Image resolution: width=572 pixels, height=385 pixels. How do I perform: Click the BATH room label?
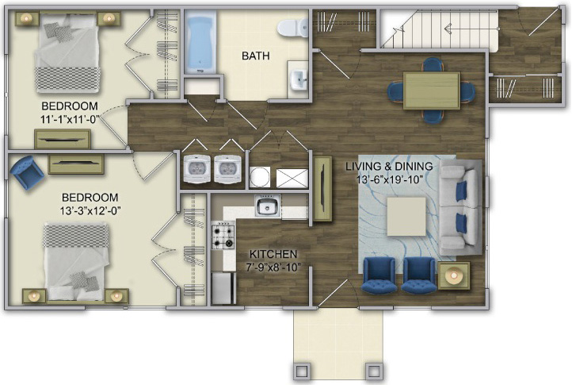[x=256, y=56]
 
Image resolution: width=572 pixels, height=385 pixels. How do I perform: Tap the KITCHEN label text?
[x=273, y=254]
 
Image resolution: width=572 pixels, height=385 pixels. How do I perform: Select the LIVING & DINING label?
[x=389, y=166]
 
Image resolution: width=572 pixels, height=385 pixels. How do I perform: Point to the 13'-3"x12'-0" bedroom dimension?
[x=90, y=210]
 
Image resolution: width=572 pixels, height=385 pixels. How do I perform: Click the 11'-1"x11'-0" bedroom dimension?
[x=70, y=119]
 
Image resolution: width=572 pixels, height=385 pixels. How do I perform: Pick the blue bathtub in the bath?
[x=200, y=42]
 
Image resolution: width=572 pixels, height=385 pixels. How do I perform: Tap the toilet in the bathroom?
[x=292, y=28]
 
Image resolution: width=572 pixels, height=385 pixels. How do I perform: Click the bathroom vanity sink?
[x=299, y=79]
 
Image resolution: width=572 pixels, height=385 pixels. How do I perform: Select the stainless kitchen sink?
[x=268, y=206]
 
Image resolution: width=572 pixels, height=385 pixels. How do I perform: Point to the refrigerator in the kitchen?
[x=223, y=288]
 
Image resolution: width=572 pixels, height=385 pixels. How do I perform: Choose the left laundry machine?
[x=196, y=168]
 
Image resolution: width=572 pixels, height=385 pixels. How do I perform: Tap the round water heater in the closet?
[x=259, y=177]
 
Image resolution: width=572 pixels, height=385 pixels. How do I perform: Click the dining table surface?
[x=432, y=90]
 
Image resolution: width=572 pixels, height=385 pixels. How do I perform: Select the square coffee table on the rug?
[x=406, y=217]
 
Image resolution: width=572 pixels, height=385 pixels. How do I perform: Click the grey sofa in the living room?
[x=461, y=208]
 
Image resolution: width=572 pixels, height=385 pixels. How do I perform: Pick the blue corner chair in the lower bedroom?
[x=27, y=172]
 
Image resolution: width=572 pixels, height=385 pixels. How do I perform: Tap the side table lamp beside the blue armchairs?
[x=454, y=275]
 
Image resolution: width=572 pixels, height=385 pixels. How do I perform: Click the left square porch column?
[x=302, y=372]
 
